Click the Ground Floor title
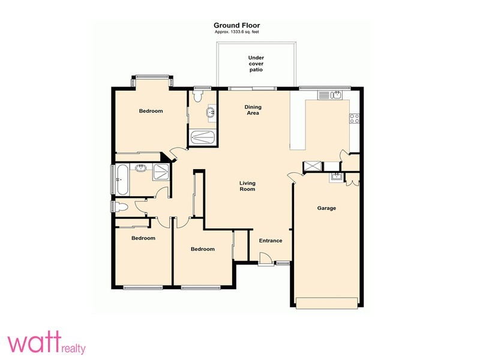(236, 25)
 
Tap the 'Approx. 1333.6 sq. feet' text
(236, 32)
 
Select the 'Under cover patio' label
(256, 64)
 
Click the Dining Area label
(253, 110)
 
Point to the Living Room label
(247, 186)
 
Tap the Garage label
(326, 208)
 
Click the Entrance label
(271, 241)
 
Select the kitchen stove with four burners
(355, 118)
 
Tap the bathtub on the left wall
(122, 179)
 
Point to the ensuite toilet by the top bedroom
(198, 96)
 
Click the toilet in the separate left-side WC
(121, 206)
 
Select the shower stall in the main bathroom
(161, 172)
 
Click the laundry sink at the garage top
(336, 177)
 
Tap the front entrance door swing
(265, 258)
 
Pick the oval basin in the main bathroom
(140, 168)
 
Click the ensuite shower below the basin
(202, 137)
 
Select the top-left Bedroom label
(151, 111)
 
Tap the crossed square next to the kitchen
(313, 167)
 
